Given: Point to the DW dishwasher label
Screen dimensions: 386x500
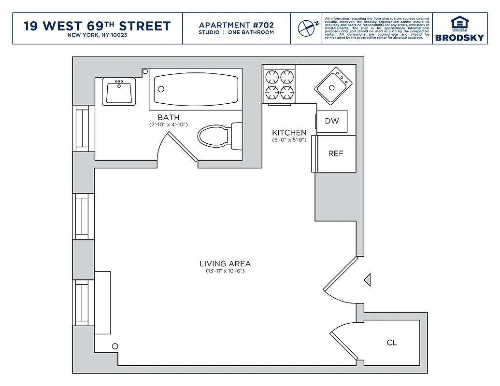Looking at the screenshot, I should coord(332,121).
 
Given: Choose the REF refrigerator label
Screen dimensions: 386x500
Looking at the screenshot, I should coord(336,153).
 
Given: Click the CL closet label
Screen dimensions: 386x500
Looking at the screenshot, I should coord(392,343).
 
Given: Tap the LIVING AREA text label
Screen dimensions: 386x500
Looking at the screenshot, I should coord(225,263).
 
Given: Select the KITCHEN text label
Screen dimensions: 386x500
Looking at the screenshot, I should coord(289,133).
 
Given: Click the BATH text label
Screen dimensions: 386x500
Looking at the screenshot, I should coord(168,117).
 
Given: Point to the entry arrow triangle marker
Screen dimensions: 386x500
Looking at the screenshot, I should coord(368,279).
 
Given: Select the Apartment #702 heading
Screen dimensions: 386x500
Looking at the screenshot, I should coord(236,25).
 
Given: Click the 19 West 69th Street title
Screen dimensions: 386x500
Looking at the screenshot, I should coord(97,26).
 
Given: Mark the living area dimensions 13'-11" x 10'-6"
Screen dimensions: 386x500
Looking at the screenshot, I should coord(225,271).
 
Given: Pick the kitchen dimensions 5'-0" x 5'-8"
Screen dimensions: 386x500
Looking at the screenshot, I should coord(289,140).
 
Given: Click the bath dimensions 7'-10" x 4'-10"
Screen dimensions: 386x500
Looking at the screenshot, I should coord(168,125).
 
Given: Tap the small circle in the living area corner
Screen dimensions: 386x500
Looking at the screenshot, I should coord(115,346).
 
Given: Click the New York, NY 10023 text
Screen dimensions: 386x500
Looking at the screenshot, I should coord(97,35).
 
